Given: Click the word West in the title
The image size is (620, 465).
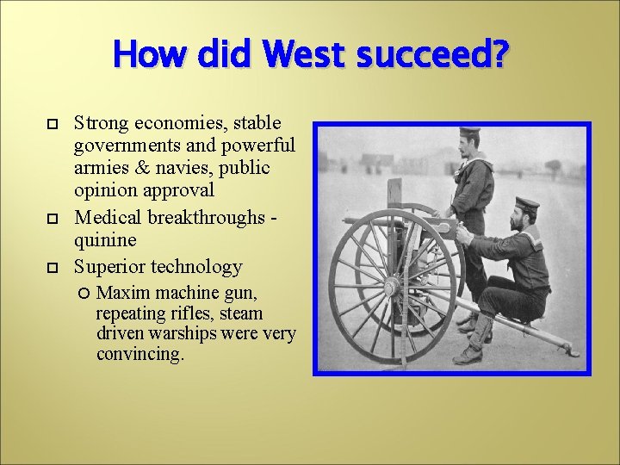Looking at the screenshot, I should coord(302,57).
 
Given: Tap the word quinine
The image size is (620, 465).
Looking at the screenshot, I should coord(104,240).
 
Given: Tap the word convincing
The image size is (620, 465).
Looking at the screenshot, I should coord(139,354).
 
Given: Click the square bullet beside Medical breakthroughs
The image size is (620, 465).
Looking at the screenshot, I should coord(51,220).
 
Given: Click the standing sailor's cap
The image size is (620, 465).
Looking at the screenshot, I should coord(469,133).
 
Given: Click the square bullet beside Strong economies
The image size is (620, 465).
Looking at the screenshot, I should coord(51,125).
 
